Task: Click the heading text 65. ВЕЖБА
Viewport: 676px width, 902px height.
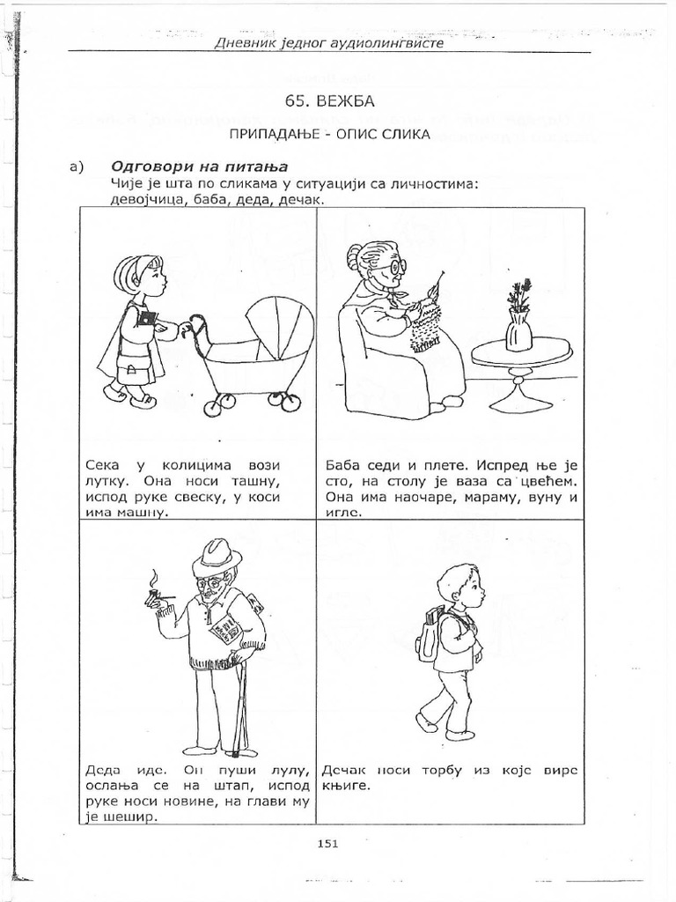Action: coord(329,101)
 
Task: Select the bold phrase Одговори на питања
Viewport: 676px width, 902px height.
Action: coord(199,166)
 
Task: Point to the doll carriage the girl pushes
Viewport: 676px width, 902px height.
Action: coord(255,351)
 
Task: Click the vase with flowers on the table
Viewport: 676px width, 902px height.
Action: coord(518,315)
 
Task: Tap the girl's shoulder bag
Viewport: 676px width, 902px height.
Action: coord(133,364)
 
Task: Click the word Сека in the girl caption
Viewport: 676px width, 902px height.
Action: coord(103,465)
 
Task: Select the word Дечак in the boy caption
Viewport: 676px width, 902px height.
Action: coord(344,770)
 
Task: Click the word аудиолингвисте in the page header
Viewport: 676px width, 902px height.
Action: coord(386,42)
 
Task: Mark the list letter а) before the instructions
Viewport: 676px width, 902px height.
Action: coord(77,167)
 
